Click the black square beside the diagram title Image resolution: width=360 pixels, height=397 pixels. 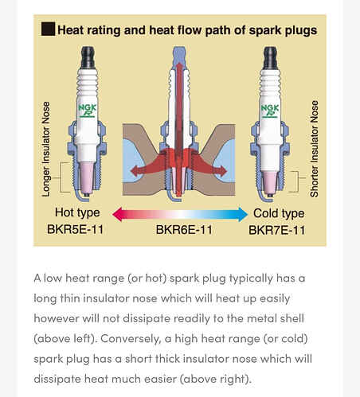click(48, 29)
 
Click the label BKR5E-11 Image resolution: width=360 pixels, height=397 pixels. click(75, 229)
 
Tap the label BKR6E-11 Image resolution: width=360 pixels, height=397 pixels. click(184, 230)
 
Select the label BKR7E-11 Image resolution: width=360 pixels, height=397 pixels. click(276, 230)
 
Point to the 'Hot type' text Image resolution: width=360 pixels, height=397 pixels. click(77, 212)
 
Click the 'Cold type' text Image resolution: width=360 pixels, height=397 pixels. click(279, 213)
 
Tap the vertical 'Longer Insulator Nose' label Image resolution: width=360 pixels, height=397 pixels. click(46, 149)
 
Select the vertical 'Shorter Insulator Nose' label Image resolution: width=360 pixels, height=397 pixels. click(314, 149)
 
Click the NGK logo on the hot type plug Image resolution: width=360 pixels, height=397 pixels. click(87, 111)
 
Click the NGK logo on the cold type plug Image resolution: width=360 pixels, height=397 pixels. click(270, 111)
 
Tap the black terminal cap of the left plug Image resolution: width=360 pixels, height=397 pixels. click(88, 56)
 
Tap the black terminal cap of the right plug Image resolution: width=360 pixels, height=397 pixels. click(270, 57)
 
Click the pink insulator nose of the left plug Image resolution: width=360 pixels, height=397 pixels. click(87, 177)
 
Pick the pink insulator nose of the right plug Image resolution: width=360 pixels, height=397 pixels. click(269, 182)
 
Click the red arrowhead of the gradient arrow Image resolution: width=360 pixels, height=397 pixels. click(117, 214)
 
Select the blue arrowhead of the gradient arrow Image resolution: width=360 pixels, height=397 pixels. click(243, 214)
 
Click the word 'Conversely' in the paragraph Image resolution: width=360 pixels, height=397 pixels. click(131, 339)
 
